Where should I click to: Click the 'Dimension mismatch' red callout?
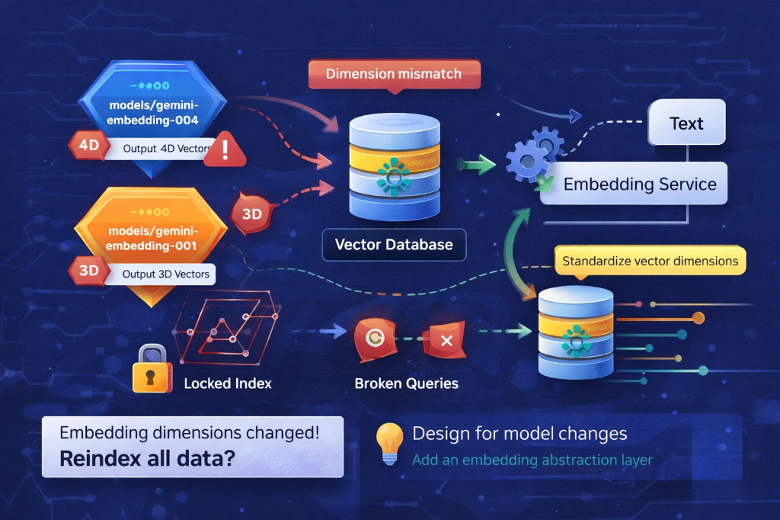[x=393, y=75]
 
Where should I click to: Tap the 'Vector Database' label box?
[x=394, y=245]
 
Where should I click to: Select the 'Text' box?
[x=686, y=124]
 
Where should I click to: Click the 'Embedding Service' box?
[x=639, y=185]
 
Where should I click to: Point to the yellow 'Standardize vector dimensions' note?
[x=650, y=261]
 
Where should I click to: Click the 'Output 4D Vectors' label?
[x=166, y=148]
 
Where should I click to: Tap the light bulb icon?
[x=389, y=443]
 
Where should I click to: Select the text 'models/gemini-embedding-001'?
[x=152, y=239]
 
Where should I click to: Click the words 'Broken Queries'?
[x=406, y=384]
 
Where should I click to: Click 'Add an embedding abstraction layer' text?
[x=532, y=460]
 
